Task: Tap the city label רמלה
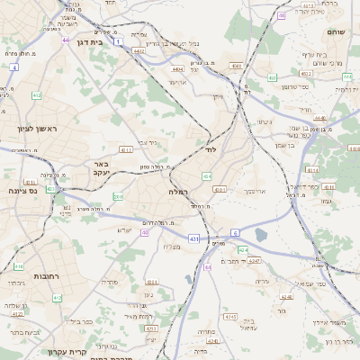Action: [x=176, y=192]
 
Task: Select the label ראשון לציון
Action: [x=36, y=129]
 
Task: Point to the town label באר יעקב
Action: [x=100, y=169]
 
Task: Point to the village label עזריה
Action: [x=263, y=282]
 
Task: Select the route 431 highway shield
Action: [x=193, y=238]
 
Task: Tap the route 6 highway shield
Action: [x=236, y=232]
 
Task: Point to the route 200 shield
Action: [x=118, y=196]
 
